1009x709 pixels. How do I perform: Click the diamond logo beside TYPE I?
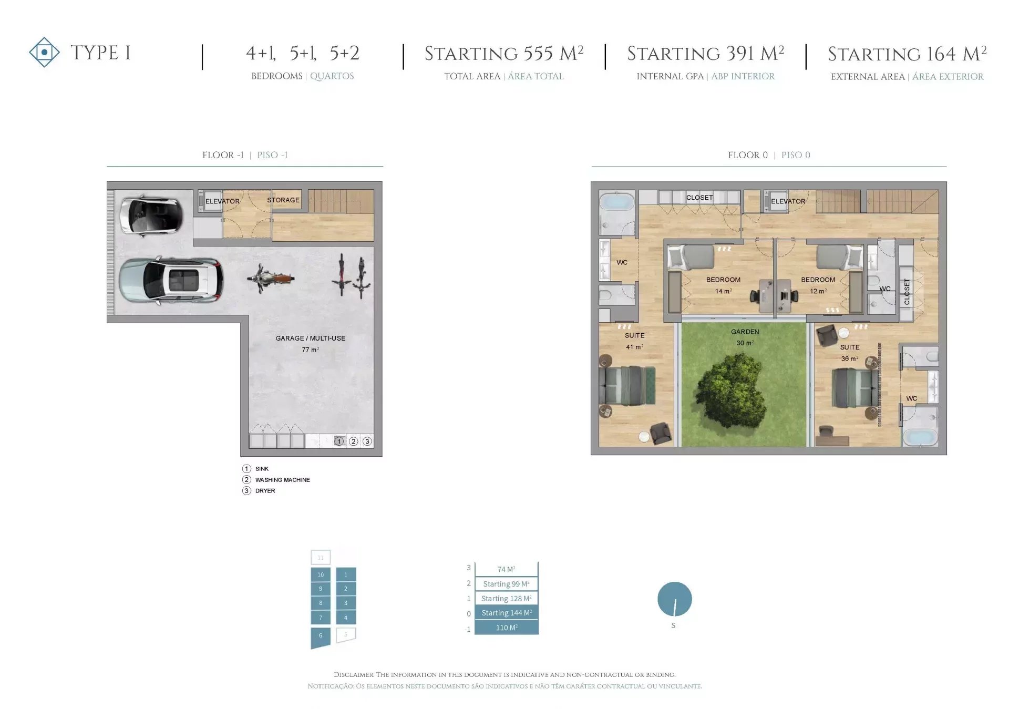[44, 52]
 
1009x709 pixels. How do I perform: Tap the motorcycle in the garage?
[270, 279]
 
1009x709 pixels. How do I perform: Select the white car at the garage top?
[151, 214]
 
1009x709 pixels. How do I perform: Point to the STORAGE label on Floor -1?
[283, 200]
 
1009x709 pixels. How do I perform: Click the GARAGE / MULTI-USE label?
[311, 338]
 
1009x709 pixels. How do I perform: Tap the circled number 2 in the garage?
[354, 441]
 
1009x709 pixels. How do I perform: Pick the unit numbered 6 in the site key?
[321, 637]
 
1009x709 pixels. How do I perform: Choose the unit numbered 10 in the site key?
[321, 574]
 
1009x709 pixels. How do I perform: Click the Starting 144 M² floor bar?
[507, 613]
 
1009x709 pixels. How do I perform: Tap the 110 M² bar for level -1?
[507, 628]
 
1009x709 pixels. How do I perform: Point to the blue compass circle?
[675, 599]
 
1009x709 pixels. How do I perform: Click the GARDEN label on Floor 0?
[745, 332]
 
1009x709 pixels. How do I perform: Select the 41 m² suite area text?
[634, 347]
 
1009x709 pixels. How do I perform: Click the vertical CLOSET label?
[907, 292]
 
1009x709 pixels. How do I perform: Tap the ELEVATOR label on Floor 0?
[788, 201]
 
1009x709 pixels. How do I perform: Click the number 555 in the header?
[538, 54]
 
